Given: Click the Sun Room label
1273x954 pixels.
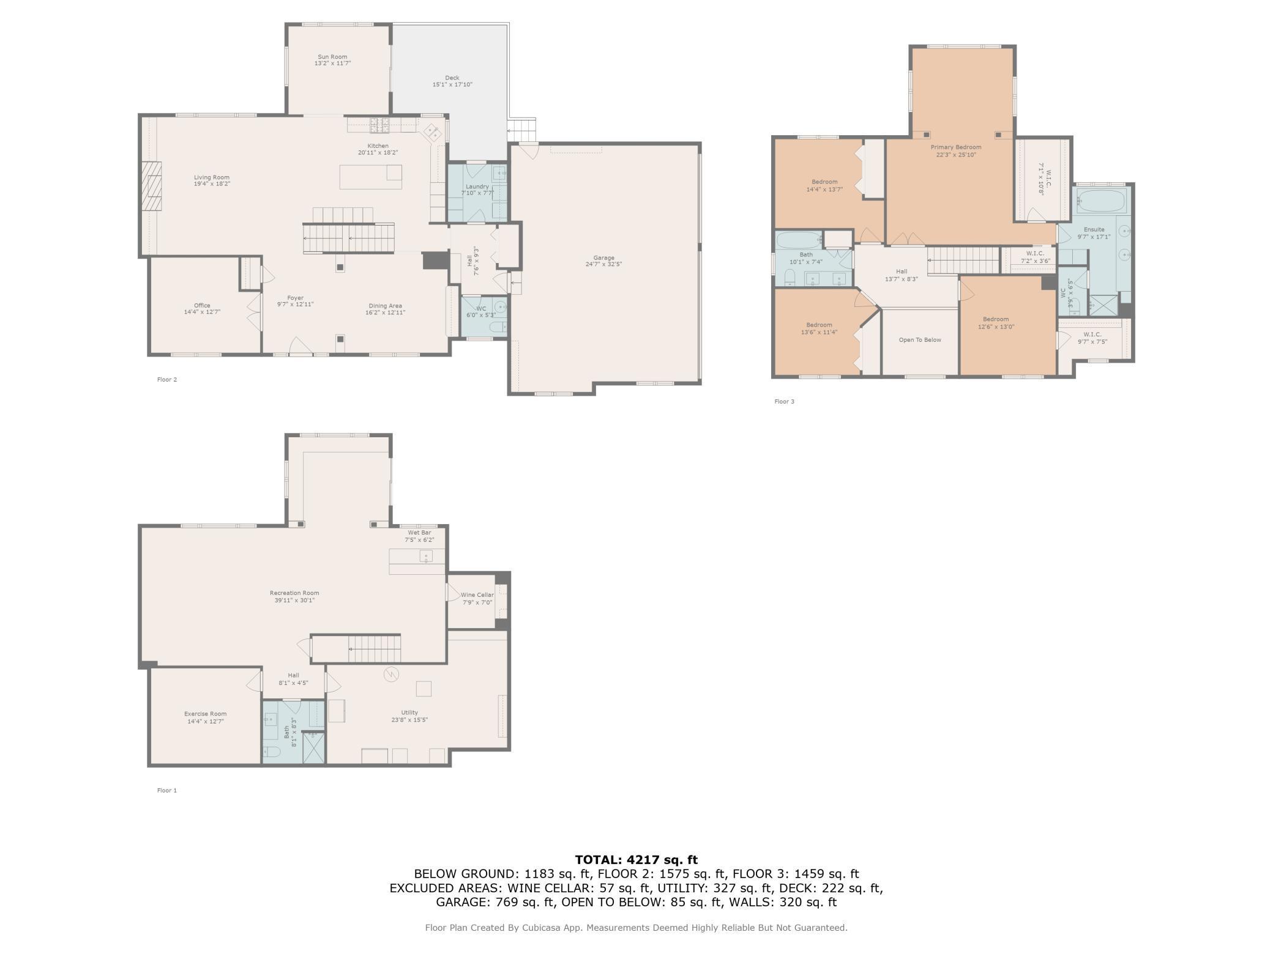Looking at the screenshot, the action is [332, 57].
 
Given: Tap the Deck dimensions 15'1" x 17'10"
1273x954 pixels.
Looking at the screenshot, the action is [452, 84].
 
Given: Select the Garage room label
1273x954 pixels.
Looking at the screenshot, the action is [603, 258].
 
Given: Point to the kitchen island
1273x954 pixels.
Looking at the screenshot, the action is [371, 177].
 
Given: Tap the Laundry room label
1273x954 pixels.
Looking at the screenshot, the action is [477, 187].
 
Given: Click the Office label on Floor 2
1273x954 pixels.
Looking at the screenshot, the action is [202, 305].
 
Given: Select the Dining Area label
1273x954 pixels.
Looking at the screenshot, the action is [385, 306].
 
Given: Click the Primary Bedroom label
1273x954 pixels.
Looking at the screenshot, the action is [956, 147].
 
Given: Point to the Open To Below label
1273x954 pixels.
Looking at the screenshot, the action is [920, 340].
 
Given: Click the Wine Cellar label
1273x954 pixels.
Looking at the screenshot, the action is [477, 595].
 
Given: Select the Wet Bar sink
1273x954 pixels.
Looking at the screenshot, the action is [426, 556].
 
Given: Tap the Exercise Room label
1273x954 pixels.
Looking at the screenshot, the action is [206, 714].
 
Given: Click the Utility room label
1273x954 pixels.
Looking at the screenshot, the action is [409, 712].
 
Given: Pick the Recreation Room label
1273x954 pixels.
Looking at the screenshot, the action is [294, 593].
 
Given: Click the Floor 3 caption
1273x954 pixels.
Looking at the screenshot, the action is [784, 402].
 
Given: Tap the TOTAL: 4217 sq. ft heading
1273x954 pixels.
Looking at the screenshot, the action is [636, 860].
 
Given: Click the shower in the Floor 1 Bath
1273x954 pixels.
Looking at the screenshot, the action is [313, 747].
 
